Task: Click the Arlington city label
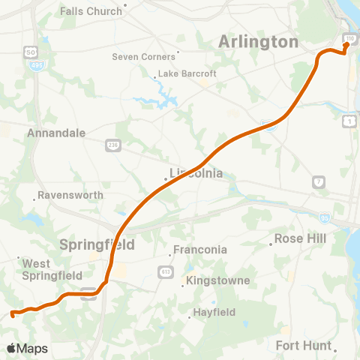tap(258, 42)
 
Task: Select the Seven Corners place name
tap(143, 56)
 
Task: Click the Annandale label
tap(55, 133)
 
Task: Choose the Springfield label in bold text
tap(97, 244)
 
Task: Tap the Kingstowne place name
tap(220, 280)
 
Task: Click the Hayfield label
tap(214, 312)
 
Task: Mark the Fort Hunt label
tap(304, 345)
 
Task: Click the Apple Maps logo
tap(27, 348)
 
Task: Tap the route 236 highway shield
tap(112, 145)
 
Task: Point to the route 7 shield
tap(319, 182)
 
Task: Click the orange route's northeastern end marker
tap(346, 44)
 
